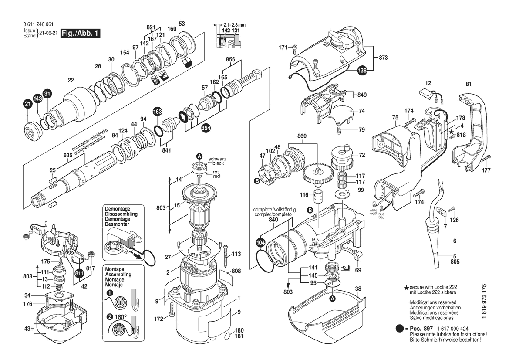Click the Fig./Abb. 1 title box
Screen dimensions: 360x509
coord(81,33)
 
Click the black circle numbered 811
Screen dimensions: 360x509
coord(79,273)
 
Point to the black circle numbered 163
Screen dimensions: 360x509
coord(157,112)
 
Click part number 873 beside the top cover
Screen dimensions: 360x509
coord(383,58)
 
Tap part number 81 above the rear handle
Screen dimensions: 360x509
coord(469,84)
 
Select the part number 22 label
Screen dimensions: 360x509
coord(71,80)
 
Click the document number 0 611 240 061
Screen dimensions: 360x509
coord(38,24)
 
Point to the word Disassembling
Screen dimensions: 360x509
coord(121,214)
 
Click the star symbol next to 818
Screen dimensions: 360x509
coord(452,131)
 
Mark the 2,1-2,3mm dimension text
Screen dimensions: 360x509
coord(234,25)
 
